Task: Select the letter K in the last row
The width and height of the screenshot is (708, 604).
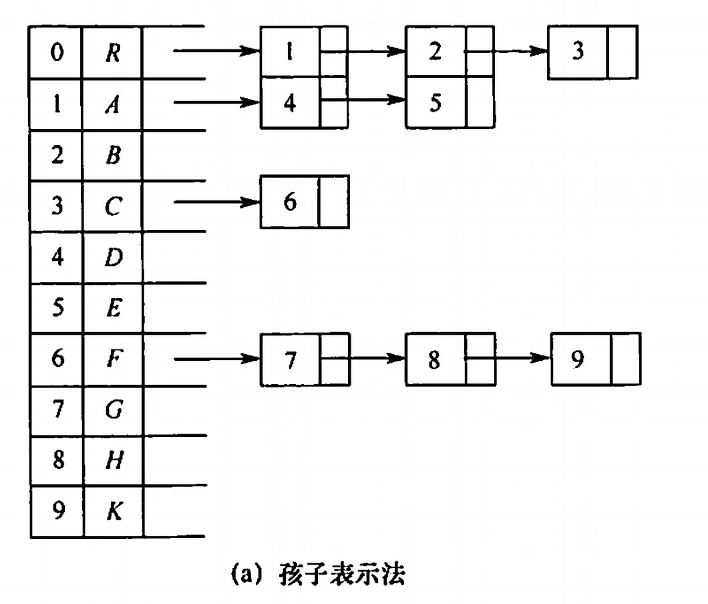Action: [x=112, y=512]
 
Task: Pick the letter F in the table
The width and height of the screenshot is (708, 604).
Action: [x=112, y=359]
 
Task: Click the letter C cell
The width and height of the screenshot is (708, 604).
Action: [x=112, y=207]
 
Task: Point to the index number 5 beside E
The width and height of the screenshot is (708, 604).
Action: [x=57, y=309]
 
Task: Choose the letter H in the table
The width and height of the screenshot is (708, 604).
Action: [x=112, y=461]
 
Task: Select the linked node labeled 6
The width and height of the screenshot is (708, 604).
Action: [x=290, y=202]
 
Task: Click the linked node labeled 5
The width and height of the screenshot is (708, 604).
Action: [x=435, y=103]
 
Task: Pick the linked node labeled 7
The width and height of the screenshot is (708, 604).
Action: [x=290, y=359]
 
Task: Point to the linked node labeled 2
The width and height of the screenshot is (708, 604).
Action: [x=435, y=52]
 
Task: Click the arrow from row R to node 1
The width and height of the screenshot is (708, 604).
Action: [x=216, y=51]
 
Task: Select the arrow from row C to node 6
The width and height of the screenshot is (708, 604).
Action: [x=216, y=201]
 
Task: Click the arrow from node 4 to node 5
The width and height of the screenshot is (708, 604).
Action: [x=364, y=102]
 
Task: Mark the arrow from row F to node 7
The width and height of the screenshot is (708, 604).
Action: [x=216, y=359]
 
